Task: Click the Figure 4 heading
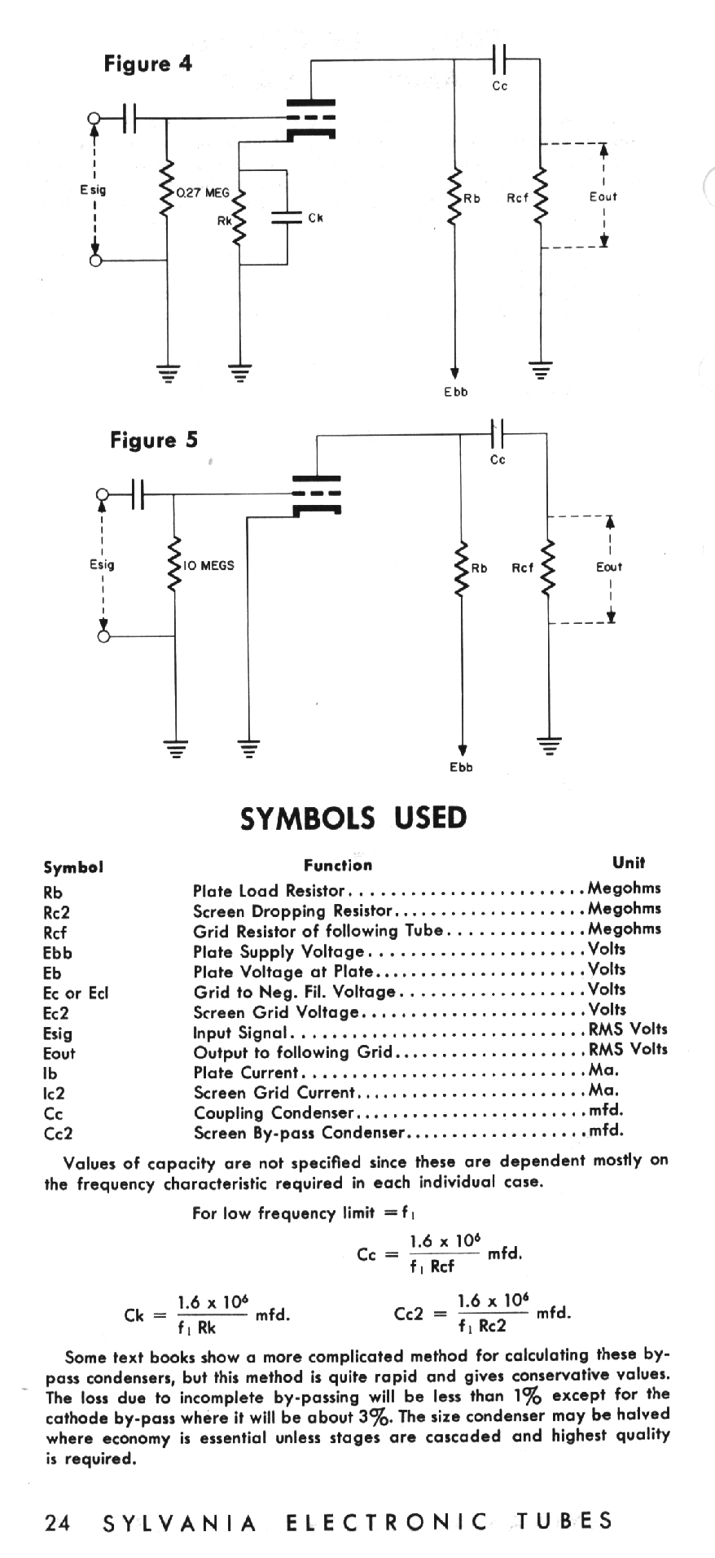tap(148, 64)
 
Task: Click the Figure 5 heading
tap(154, 441)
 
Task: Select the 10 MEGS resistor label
tap(208, 565)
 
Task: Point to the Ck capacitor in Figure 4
tap(287, 217)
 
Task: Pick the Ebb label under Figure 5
tap(461, 767)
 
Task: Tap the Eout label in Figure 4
tap(603, 196)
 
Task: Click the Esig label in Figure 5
tap(102, 565)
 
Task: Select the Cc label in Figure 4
tap(500, 86)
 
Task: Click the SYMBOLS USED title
tap(354, 818)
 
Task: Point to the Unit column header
tap(629, 862)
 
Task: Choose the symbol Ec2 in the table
tap(55, 1013)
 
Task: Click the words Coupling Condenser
tap(274, 1113)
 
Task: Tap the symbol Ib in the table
tap(50, 1073)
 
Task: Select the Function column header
tap(338, 865)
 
